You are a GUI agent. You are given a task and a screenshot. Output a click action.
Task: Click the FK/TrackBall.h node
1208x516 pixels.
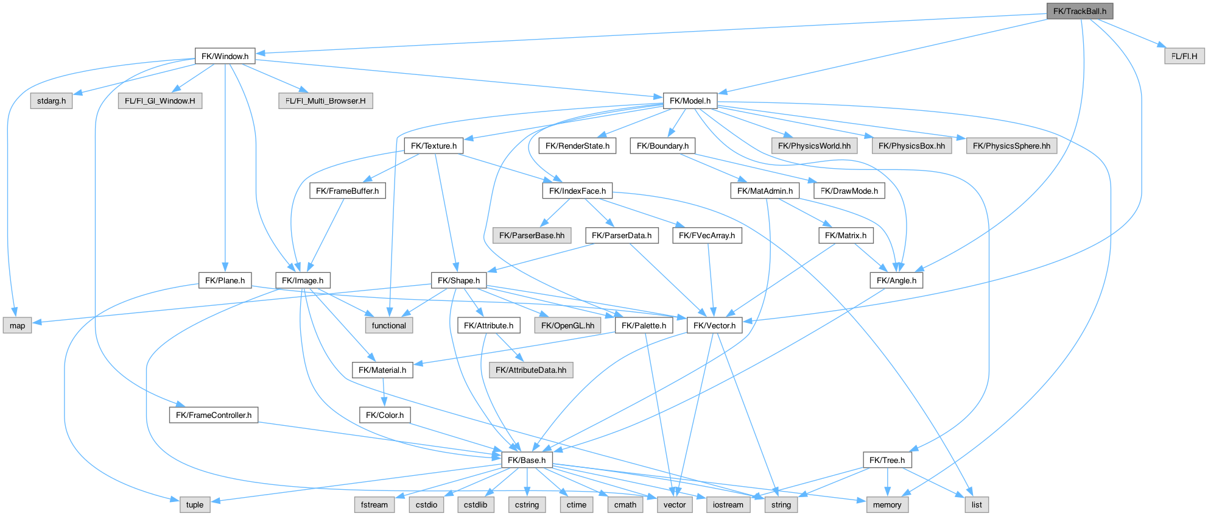click(1080, 11)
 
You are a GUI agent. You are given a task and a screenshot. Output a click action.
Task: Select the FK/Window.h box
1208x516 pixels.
click(225, 56)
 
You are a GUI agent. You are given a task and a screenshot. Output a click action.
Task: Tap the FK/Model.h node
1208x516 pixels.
click(690, 101)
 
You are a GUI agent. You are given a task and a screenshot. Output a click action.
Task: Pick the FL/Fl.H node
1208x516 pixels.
click(1184, 56)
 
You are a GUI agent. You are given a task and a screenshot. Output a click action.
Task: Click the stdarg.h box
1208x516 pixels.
click(51, 101)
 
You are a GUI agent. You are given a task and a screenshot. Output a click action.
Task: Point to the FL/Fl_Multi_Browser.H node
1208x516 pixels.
click(326, 101)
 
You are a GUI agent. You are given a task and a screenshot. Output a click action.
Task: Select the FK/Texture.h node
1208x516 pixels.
click(434, 146)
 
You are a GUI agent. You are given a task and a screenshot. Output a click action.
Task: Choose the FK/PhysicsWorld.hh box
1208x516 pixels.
click(814, 146)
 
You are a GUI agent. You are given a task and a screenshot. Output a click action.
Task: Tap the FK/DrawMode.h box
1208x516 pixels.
click(849, 191)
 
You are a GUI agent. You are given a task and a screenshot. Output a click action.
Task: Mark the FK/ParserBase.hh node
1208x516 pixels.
click(532, 235)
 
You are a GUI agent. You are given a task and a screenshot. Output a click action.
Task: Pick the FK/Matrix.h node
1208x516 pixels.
click(846, 235)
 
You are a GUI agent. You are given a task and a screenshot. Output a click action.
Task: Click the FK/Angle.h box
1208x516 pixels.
click(896, 280)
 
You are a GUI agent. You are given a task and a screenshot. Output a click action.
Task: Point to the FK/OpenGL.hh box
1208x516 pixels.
click(567, 325)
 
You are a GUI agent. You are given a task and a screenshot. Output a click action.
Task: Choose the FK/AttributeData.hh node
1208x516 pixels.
click(531, 370)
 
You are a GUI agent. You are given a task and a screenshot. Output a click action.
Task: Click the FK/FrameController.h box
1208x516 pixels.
click(214, 415)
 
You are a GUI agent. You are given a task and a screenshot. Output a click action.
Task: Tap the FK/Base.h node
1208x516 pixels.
click(527, 460)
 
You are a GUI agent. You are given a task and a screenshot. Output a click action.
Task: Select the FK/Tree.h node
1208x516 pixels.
click(887, 460)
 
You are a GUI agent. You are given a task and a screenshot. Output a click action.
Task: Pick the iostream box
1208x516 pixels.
click(728, 504)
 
